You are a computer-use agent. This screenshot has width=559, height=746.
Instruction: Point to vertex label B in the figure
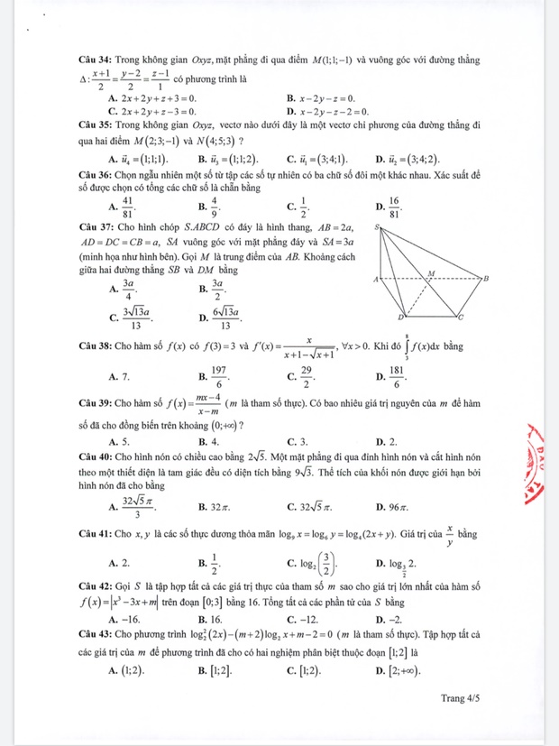pyautogui.click(x=487, y=280)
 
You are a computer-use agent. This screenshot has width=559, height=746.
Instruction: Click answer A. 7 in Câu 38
pyautogui.click(x=119, y=374)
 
